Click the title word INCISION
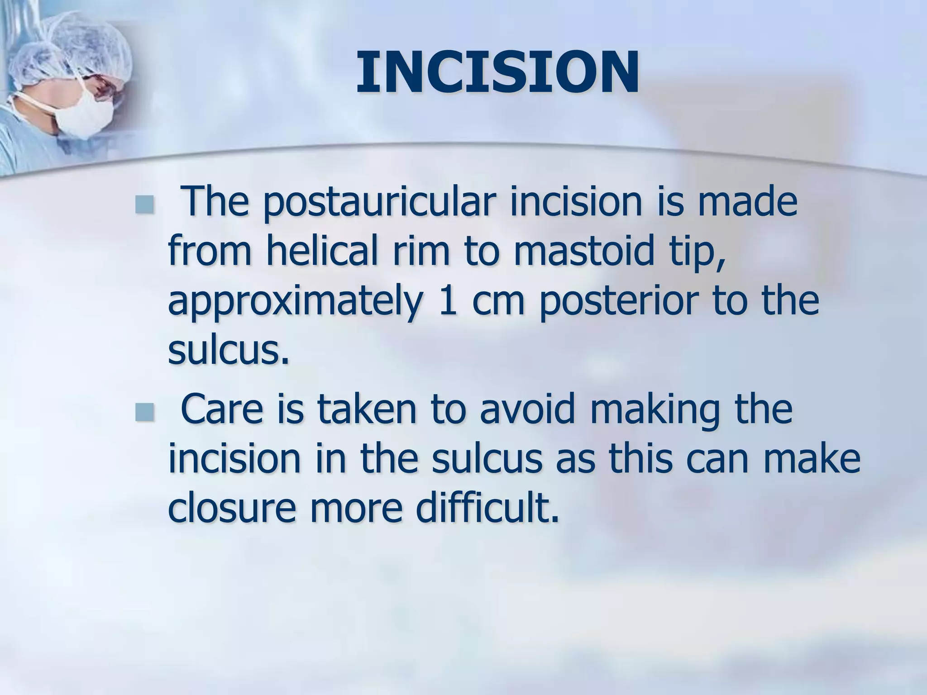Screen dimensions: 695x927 [x=497, y=73]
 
